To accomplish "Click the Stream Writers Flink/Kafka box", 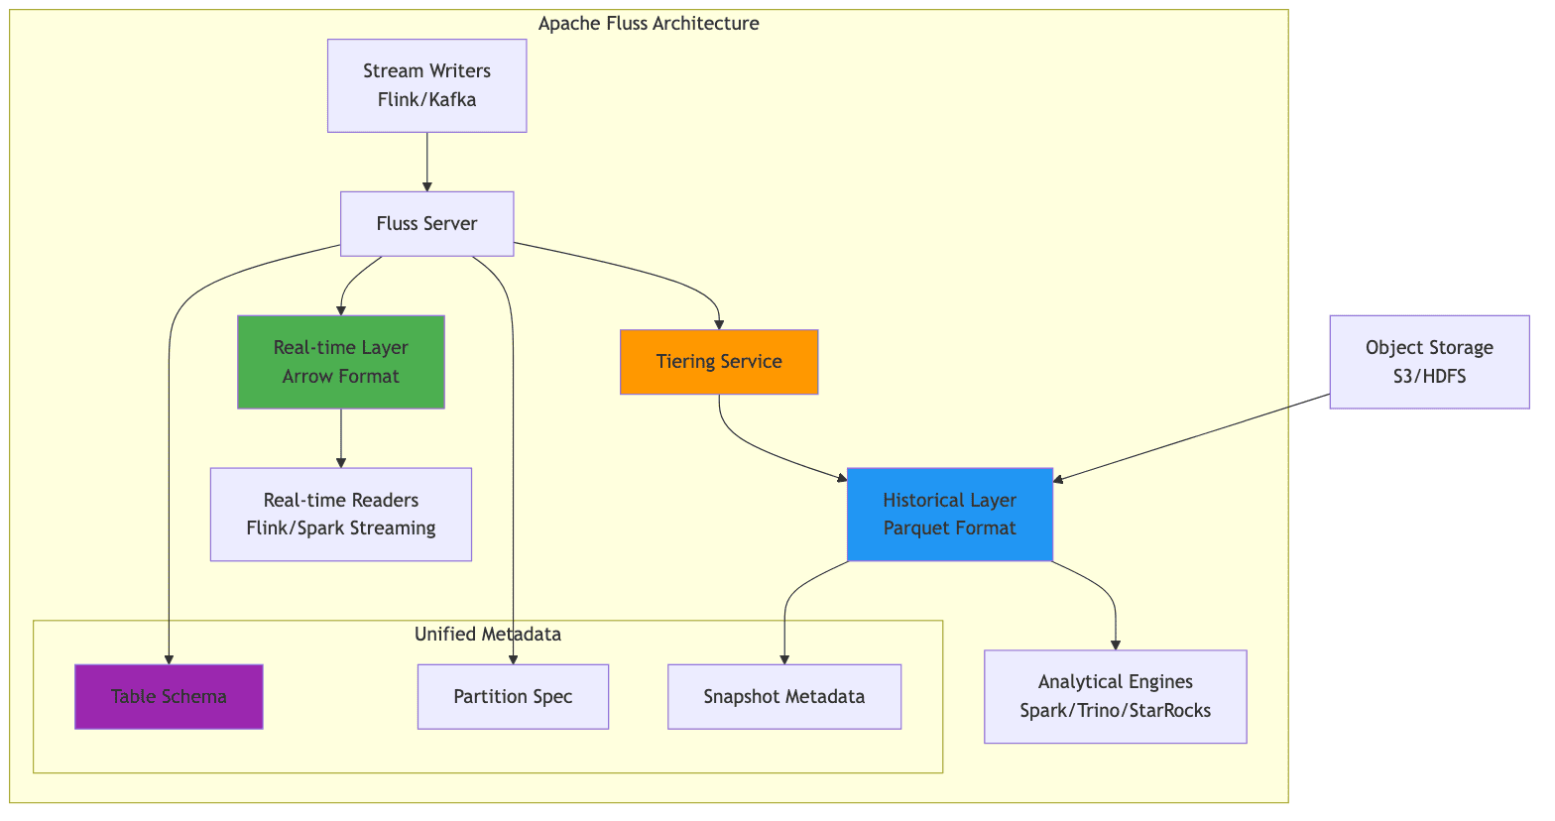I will point(426,85).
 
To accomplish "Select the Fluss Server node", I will point(426,223).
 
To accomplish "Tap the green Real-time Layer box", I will point(340,362).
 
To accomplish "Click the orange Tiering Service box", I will point(718,362).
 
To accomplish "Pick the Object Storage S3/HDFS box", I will point(1428,362).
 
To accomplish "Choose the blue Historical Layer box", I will point(949,514).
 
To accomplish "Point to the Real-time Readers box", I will point(340,514).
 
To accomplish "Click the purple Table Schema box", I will point(169,696).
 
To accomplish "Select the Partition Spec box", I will point(513,696).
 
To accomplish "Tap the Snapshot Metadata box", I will point(783,696).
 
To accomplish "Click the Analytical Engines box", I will point(1115,696).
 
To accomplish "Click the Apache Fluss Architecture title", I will point(649,24).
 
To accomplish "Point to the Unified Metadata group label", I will point(487,635).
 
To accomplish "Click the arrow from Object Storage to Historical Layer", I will point(1190,438).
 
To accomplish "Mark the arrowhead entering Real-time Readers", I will point(340,462).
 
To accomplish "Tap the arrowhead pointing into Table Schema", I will point(169,658).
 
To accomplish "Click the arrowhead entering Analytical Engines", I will point(1116,645).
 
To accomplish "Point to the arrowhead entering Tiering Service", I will point(719,323).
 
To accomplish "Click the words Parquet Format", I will point(949,528).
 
